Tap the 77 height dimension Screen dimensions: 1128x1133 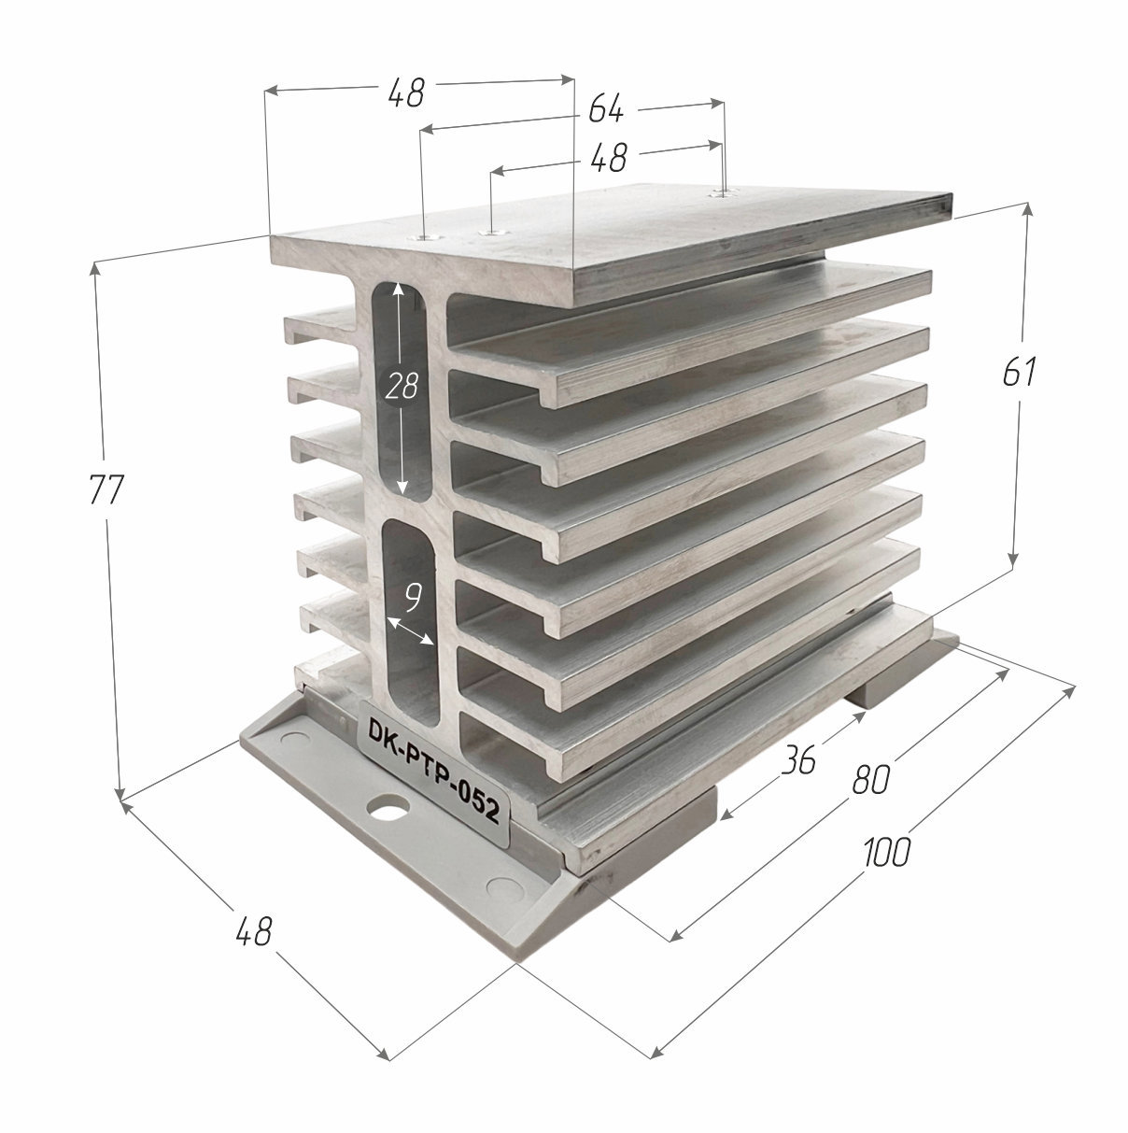(x=106, y=489)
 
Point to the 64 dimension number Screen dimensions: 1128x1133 (x=606, y=110)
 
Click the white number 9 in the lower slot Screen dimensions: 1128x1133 (x=414, y=597)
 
